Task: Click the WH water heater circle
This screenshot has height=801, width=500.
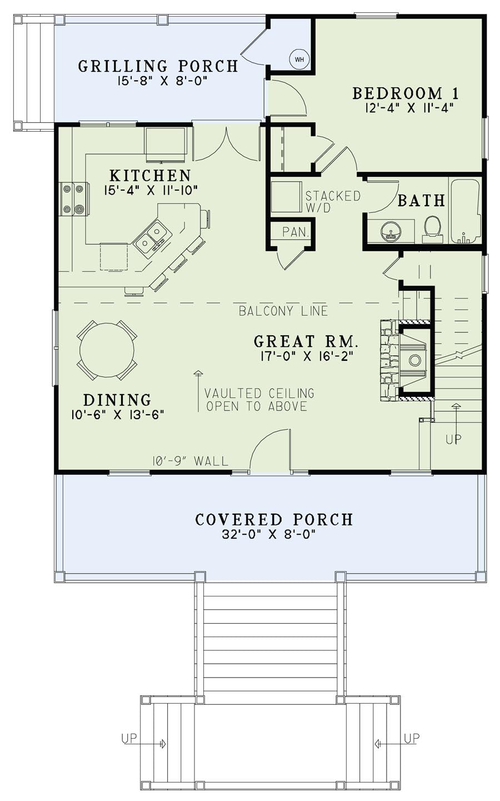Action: tap(299, 59)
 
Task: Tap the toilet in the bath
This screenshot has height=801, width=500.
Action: tap(432, 229)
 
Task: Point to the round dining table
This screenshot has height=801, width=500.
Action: tap(107, 350)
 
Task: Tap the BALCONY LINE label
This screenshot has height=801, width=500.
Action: tap(283, 311)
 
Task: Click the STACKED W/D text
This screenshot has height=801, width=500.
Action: tap(333, 202)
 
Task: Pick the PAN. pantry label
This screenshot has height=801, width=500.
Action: tap(295, 232)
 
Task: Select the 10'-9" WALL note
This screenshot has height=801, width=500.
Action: tap(190, 461)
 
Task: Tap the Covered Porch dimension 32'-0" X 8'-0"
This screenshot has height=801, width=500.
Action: tap(269, 534)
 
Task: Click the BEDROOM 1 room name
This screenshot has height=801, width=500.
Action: tap(406, 93)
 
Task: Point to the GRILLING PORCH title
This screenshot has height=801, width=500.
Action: tap(158, 66)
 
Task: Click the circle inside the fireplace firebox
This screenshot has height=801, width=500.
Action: tap(414, 360)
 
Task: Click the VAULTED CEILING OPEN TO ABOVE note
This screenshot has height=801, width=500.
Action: tap(259, 400)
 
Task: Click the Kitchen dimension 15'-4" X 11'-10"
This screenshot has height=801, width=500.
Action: tap(151, 190)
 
